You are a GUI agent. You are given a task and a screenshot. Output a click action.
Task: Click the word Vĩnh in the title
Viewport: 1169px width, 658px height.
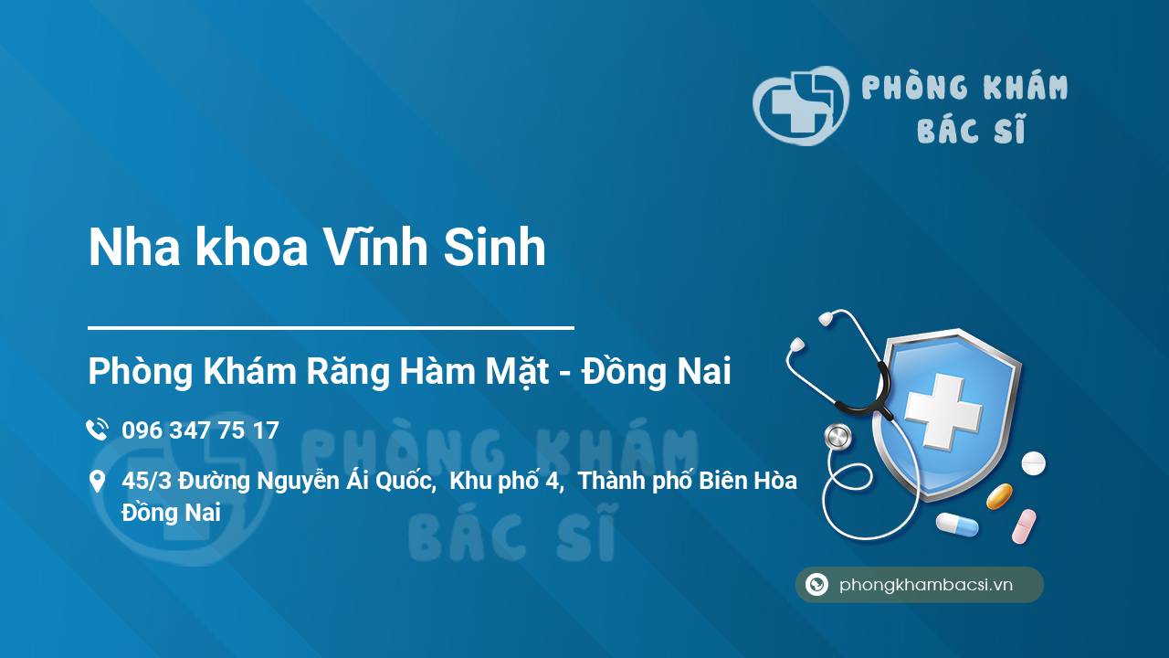click(x=374, y=247)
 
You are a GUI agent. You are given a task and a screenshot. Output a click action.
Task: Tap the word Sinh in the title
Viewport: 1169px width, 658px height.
click(x=495, y=248)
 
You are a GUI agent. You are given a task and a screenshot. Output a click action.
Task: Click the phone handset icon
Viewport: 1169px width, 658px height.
click(x=98, y=430)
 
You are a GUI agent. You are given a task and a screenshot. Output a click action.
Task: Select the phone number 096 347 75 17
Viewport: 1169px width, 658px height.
click(x=200, y=430)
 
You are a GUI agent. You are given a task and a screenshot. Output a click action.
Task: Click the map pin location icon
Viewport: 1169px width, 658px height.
click(x=97, y=481)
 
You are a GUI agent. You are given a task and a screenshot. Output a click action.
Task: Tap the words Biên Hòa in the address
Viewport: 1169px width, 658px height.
click(x=748, y=481)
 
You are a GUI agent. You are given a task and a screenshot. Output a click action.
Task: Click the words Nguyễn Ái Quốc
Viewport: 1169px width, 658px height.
click(x=346, y=481)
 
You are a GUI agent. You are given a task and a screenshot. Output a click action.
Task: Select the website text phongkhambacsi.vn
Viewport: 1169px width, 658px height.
click(x=926, y=584)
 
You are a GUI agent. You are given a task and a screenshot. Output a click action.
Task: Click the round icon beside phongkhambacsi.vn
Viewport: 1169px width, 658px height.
click(x=816, y=584)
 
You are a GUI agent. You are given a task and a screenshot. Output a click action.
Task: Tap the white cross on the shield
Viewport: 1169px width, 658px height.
click(x=943, y=411)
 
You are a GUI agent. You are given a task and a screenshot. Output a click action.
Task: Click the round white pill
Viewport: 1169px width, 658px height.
click(x=1033, y=463)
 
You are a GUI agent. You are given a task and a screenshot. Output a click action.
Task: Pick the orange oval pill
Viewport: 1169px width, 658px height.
click(x=999, y=496)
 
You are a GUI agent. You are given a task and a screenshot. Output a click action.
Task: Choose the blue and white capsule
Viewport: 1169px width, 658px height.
click(x=957, y=525)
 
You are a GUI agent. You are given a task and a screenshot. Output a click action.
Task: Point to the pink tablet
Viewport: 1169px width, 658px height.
click(x=1024, y=526)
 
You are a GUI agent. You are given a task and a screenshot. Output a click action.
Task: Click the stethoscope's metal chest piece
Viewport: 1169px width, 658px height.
click(x=838, y=437)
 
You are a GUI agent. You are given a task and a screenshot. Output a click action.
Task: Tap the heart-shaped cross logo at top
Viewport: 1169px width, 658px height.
click(x=801, y=105)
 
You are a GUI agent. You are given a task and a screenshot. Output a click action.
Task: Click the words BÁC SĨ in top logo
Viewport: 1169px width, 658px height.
click(x=971, y=129)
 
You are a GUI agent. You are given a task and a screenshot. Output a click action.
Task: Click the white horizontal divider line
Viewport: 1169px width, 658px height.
click(x=331, y=328)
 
